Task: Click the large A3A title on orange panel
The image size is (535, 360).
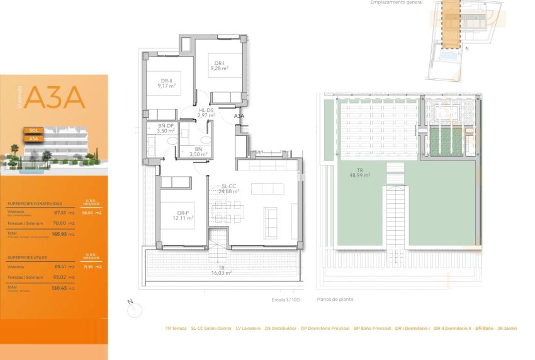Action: coord(56,98)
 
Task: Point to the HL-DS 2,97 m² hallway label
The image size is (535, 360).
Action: coord(206,113)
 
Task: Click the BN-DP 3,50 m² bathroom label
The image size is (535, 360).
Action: coord(166,129)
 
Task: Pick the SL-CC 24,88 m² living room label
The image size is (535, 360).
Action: coord(228,189)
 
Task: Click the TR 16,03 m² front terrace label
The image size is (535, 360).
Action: coord(222,271)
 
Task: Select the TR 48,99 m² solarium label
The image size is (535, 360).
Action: coord(359,172)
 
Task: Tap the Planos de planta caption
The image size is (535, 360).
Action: coord(335,300)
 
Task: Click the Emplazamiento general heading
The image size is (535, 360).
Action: coord(397,3)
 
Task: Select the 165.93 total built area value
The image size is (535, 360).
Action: coord(59,234)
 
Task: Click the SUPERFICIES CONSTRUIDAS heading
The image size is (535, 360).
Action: coord(35,204)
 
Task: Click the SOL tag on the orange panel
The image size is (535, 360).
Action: coord(34,130)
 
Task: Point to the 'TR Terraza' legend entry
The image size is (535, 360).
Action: coord(176,328)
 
